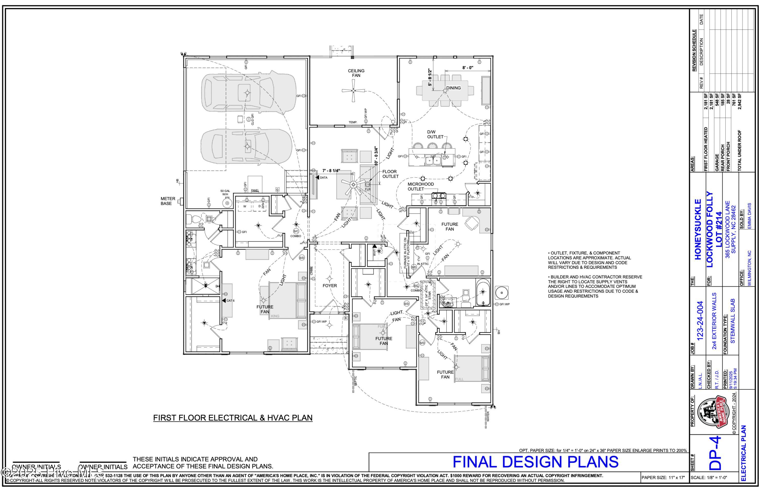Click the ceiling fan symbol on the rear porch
[353, 91]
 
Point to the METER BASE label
[168, 201]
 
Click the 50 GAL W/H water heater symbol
[227, 203]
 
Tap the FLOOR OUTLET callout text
[390, 174]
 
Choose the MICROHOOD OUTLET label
[421, 186]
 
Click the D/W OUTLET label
[435, 134]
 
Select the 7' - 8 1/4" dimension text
[331, 171]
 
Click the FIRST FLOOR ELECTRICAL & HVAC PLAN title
[233, 418]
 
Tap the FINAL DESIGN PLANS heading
[535, 462]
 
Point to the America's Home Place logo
[712, 412]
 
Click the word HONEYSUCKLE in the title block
[697, 229]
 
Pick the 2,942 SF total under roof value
[740, 101]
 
